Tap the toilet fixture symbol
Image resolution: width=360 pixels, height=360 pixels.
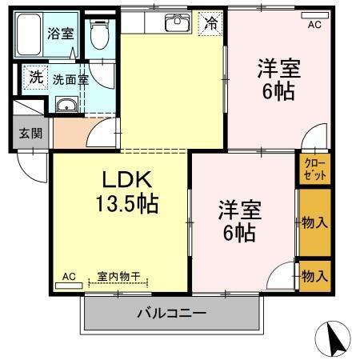coord(99,34)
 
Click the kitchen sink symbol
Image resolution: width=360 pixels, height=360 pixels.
coord(174,22)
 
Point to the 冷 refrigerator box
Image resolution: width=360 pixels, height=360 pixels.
coord(210,22)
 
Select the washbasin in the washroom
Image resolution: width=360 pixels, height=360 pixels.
coord(67,106)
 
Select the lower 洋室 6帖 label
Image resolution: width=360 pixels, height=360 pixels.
coord(238,221)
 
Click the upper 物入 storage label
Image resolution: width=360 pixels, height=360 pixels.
coord(314,222)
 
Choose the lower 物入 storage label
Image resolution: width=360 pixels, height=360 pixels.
coord(314,276)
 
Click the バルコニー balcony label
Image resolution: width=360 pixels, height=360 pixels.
coord(170,313)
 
